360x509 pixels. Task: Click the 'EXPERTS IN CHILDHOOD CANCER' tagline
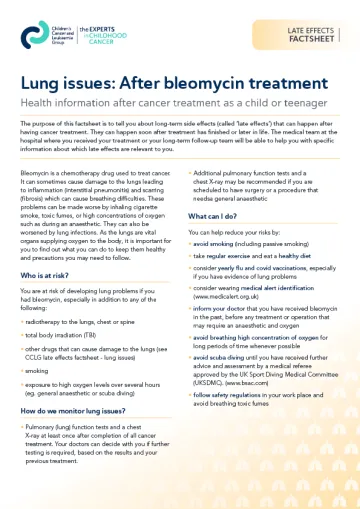click(108, 37)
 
